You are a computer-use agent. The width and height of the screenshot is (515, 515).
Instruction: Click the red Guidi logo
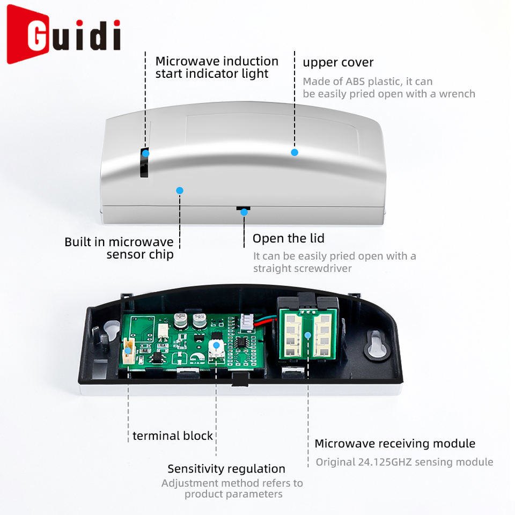63,35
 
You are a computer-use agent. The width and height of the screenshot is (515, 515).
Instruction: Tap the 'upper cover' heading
338,62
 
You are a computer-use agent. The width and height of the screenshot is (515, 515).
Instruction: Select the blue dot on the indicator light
145,153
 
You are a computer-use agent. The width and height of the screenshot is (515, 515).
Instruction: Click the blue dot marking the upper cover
295,152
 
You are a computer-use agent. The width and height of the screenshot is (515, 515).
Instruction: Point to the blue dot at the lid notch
244,212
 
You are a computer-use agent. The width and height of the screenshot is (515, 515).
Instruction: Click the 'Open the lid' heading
288,238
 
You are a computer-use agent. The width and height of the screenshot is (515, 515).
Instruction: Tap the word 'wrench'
457,94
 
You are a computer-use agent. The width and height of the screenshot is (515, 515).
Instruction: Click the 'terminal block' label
173,436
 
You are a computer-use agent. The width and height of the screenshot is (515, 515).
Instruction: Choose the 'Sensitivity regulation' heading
226,469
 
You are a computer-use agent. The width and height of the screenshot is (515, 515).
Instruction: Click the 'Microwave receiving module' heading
394,443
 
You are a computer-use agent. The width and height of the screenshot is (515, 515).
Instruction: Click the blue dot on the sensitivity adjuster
216,345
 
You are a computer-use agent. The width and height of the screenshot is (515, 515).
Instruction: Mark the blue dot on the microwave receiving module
308,336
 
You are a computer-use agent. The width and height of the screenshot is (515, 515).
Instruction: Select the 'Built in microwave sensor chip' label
119,248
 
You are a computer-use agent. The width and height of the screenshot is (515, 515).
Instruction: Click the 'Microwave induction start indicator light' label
217,67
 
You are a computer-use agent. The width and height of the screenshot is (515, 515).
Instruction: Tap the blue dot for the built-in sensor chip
180,190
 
